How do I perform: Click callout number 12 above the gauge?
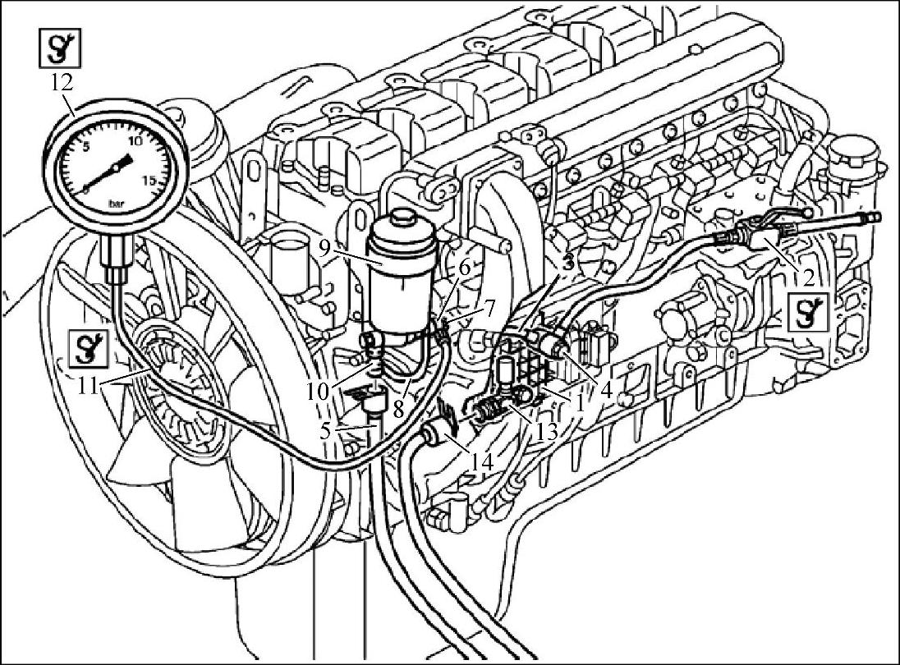[x=62, y=83]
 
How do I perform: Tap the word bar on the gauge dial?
[x=117, y=203]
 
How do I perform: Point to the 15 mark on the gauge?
[x=149, y=181]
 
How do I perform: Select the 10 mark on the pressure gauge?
[x=135, y=140]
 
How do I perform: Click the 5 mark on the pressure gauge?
[x=87, y=147]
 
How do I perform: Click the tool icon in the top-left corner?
[x=60, y=48]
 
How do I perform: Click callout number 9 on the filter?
[x=324, y=248]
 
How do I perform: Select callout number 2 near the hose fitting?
[x=808, y=277]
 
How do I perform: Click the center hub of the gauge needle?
[x=117, y=167]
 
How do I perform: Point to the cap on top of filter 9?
[x=400, y=220]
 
